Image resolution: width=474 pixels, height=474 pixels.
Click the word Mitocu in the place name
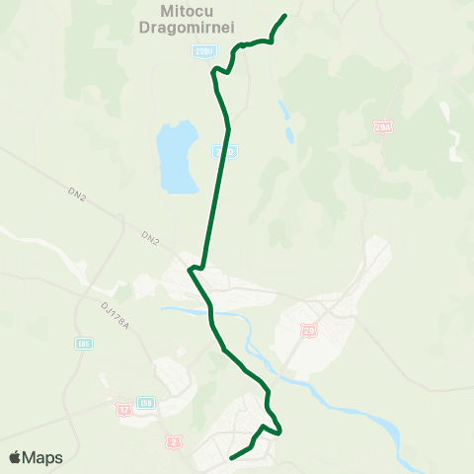pos(185,11)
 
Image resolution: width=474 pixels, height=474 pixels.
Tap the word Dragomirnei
pos(185,28)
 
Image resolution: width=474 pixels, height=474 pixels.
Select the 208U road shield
pos(203,48)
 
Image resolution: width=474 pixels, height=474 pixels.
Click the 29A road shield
pos(384,126)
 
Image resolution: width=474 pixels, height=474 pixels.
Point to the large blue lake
pos(176,158)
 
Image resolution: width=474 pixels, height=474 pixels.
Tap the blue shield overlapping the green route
pos(224,151)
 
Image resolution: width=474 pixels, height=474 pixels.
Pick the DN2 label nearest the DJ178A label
pos(150,238)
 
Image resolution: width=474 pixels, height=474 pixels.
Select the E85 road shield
pos(85,344)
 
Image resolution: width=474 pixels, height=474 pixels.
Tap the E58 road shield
pos(146,403)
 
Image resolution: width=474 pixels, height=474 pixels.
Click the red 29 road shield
pos(310,331)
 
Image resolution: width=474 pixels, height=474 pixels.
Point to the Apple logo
pos(16,457)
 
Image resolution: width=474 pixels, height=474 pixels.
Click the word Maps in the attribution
pos(42,457)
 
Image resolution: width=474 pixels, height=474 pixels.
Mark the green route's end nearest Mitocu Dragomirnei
pos(284,16)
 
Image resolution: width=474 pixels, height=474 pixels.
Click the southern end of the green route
pos(231,457)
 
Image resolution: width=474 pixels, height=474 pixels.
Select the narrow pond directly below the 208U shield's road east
pos(285,111)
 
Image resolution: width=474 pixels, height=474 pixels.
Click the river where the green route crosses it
pos(211,315)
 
